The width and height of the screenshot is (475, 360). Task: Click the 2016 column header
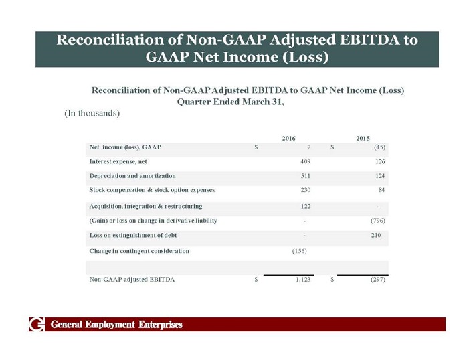tap(288, 138)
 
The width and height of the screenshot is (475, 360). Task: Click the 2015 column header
tap(363, 138)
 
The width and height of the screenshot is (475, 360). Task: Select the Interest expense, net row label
tap(118, 161)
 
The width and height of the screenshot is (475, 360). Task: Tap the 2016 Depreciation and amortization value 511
tap(304, 176)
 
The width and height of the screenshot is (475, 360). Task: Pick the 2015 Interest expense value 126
tap(379, 161)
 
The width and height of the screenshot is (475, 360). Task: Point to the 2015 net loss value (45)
tap(378, 147)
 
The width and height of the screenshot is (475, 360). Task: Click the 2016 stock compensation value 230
tap(304, 191)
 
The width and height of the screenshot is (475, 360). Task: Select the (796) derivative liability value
tap(378, 221)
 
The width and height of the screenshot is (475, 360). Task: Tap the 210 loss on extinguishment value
tap(376, 236)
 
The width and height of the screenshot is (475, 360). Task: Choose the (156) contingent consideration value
tap(300, 251)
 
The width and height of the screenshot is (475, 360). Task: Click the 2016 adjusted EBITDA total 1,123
tap(303, 280)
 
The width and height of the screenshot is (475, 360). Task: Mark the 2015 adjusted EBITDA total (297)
tap(378, 280)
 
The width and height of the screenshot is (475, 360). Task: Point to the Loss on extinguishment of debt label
tap(132, 236)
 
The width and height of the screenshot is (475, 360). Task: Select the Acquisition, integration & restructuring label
tap(145, 206)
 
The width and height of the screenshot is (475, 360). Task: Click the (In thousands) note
tap(92, 113)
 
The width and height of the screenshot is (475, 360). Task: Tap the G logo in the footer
tap(36, 325)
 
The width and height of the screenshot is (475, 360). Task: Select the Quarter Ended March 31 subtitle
tap(230, 102)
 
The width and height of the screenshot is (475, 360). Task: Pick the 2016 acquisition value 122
tap(304, 206)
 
